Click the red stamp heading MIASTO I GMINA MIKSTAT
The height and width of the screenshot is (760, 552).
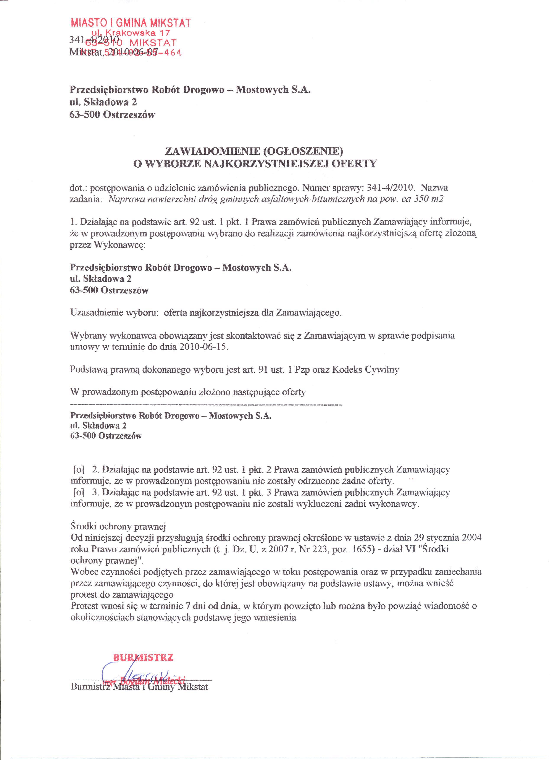131,23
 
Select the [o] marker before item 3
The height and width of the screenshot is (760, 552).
78,493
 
